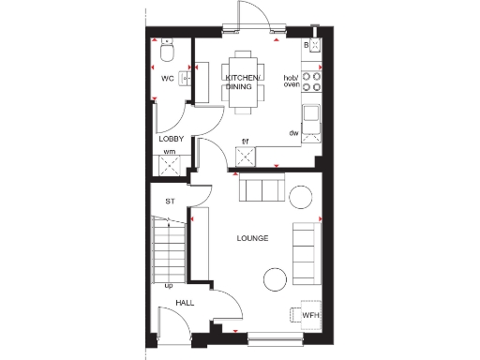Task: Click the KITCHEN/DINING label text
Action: click(244, 81)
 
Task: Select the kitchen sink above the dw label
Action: click(310, 117)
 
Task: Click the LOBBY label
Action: click(170, 139)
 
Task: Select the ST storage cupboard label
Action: click(171, 202)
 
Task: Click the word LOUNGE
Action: click(252, 238)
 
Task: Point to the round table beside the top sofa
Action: click(300, 195)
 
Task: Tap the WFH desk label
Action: click(310, 316)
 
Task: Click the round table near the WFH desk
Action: click(274, 278)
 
